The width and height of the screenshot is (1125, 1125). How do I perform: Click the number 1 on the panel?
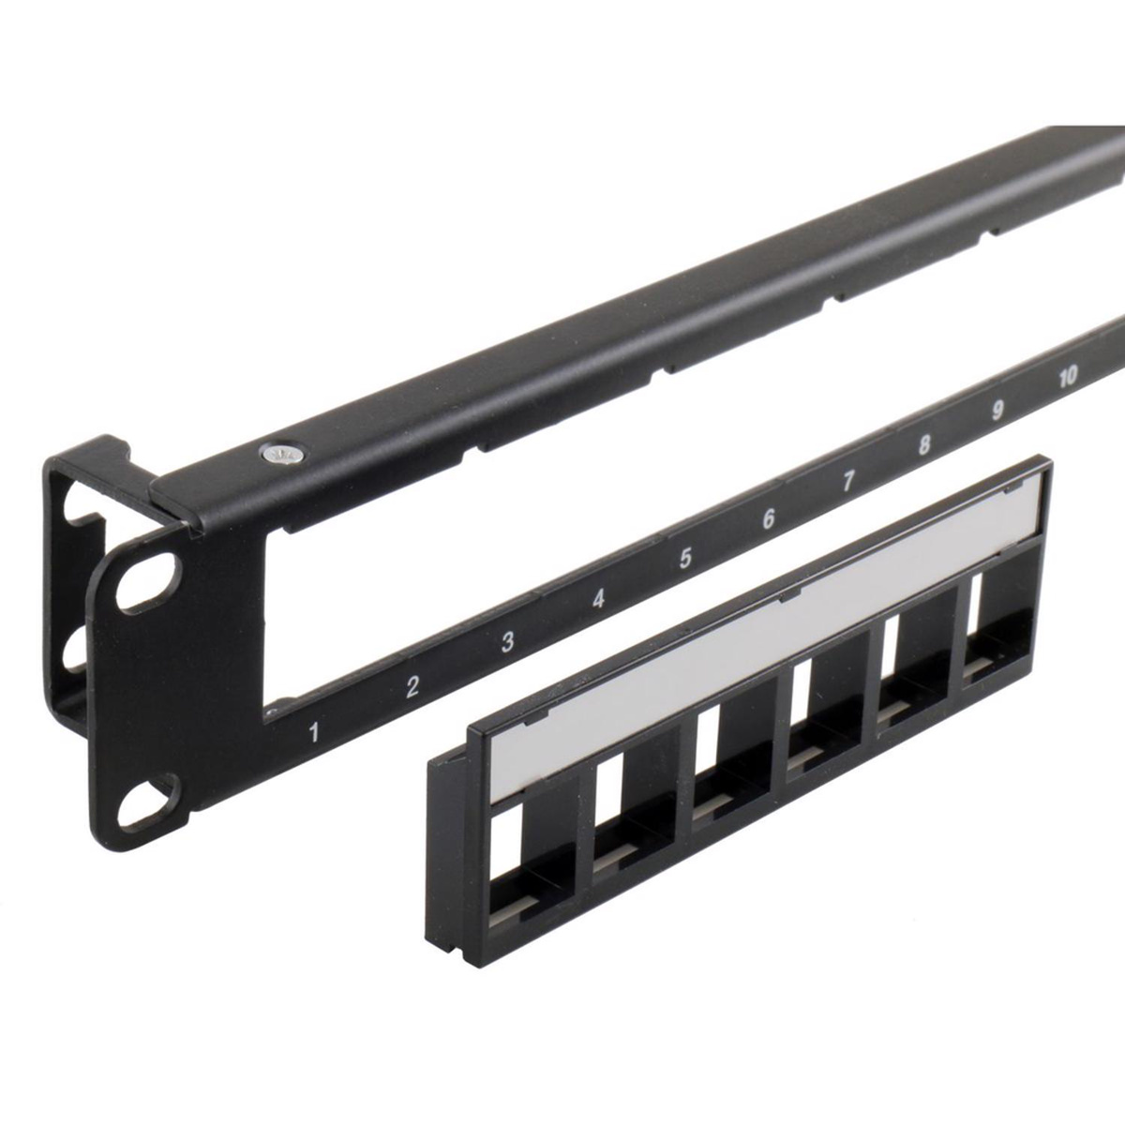coord(314,732)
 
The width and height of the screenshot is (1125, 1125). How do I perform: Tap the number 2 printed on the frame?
coord(412,686)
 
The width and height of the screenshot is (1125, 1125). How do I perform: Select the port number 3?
coord(507,641)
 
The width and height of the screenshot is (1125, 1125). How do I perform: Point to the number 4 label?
coord(598,599)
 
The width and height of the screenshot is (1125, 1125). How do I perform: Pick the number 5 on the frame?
coord(684,558)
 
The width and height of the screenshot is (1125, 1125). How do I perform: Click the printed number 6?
coord(769,518)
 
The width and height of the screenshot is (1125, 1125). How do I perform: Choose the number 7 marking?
coord(847,481)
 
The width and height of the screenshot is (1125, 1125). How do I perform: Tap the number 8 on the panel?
coord(923,445)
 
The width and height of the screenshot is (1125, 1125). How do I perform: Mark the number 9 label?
coord(997,411)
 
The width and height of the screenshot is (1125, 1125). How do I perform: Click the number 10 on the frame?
coord(1067,378)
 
